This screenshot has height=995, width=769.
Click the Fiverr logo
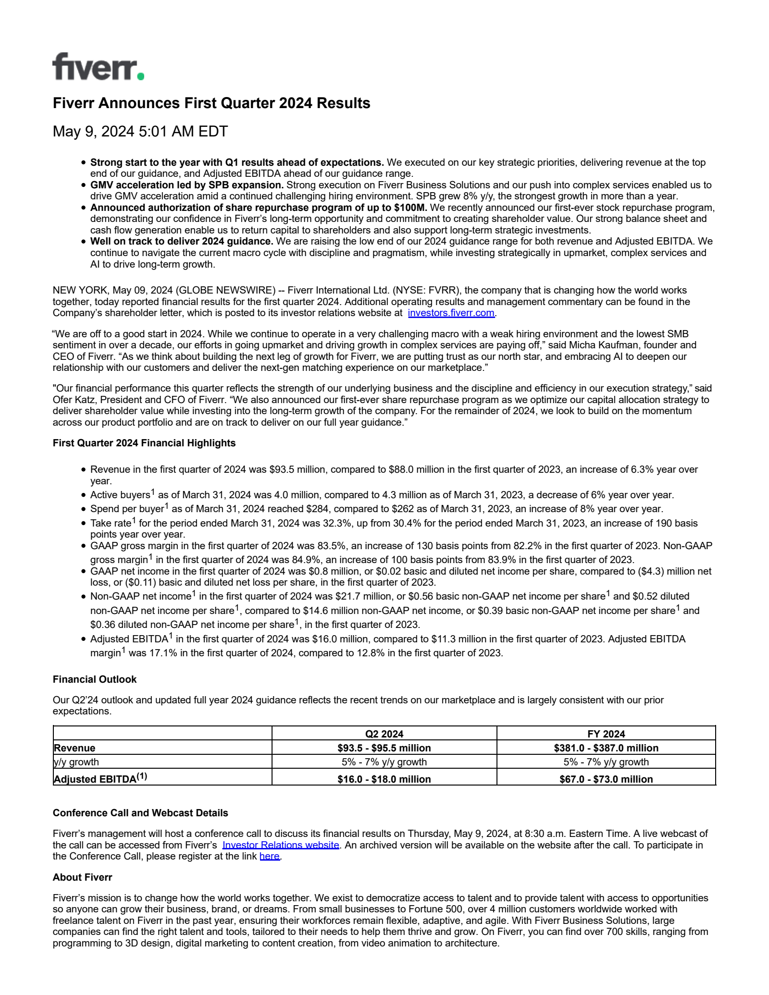(98, 67)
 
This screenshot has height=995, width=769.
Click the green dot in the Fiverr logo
(140, 76)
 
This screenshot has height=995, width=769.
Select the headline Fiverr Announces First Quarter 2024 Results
(211, 103)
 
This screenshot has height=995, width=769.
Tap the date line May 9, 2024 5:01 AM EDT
(140, 131)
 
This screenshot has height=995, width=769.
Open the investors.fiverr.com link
(451, 313)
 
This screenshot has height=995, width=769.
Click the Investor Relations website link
(281, 845)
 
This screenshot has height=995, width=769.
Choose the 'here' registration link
(270, 856)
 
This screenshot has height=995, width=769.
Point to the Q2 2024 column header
(384, 734)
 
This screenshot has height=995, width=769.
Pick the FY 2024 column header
(606, 734)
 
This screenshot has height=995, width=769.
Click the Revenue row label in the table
(74, 748)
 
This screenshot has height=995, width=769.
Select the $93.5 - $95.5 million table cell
(384, 748)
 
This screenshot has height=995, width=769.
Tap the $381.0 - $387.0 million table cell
(606, 748)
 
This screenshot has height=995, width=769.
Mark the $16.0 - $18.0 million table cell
(384, 779)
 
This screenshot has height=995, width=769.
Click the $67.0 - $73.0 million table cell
(606, 779)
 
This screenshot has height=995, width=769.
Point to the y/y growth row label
(76, 762)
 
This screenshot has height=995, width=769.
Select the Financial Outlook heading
(95, 679)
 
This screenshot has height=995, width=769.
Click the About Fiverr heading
(82, 877)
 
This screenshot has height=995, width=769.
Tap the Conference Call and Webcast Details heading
(140, 813)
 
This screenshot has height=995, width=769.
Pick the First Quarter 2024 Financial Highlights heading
(144, 443)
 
